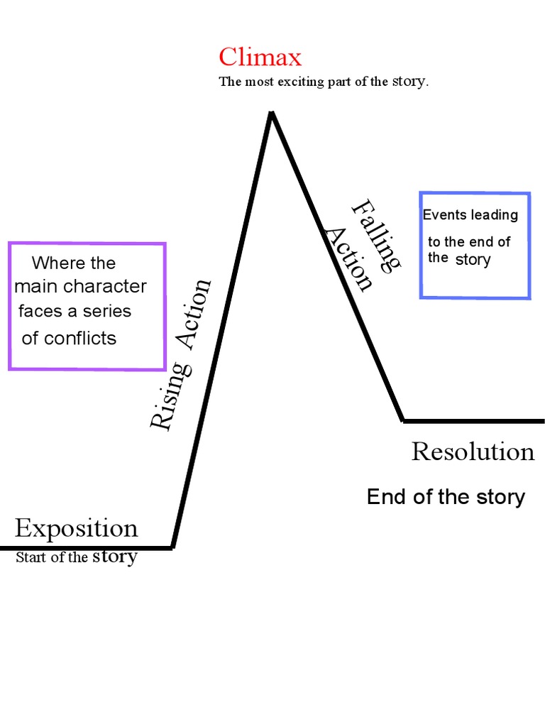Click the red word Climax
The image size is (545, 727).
tap(260, 57)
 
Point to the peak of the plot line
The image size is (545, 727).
tap(270, 113)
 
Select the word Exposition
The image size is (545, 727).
tap(77, 529)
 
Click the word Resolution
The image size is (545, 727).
tap(473, 452)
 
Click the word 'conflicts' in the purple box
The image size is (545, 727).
tap(80, 339)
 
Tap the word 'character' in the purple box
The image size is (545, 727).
tap(106, 287)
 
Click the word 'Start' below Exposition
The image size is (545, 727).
tap(31, 557)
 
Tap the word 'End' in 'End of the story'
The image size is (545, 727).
tap(381, 497)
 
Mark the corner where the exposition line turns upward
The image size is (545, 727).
tap(172, 547)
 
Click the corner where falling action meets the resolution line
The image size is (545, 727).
tap(403, 421)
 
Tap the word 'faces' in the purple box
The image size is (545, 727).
tap(36, 311)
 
